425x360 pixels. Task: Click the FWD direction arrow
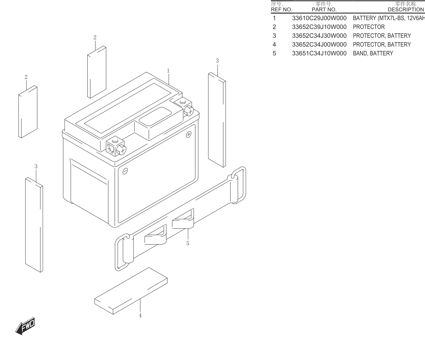(x=25, y=326)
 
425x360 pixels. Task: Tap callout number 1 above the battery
(x=168, y=71)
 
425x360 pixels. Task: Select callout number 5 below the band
(x=188, y=244)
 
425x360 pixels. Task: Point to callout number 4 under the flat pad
(x=140, y=316)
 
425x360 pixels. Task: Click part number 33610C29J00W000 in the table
(x=319, y=18)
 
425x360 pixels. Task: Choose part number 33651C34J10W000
(x=319, y=53)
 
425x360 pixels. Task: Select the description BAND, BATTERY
(x=373, y=53)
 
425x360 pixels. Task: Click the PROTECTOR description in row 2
(x=369, y=27)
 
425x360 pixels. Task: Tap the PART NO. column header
(x=324, y=10)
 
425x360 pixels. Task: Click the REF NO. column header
(x=281, y=10)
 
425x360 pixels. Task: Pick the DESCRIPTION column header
(x=406, y=10)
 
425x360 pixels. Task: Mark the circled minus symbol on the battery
(x=125, y=171)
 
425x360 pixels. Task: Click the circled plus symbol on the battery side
(x=188, y=135)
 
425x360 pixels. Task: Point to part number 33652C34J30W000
(x=319, y=36)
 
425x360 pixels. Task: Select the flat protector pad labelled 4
(x=131, y=291)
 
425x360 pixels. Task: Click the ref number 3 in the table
(x=274, y=36)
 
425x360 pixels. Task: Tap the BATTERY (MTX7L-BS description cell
(x=389, y=18)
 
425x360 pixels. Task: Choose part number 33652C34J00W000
(x=319, y=45)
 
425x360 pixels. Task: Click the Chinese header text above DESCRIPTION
(x=405, y=4)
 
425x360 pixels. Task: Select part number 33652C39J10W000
(x=319, y=27)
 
